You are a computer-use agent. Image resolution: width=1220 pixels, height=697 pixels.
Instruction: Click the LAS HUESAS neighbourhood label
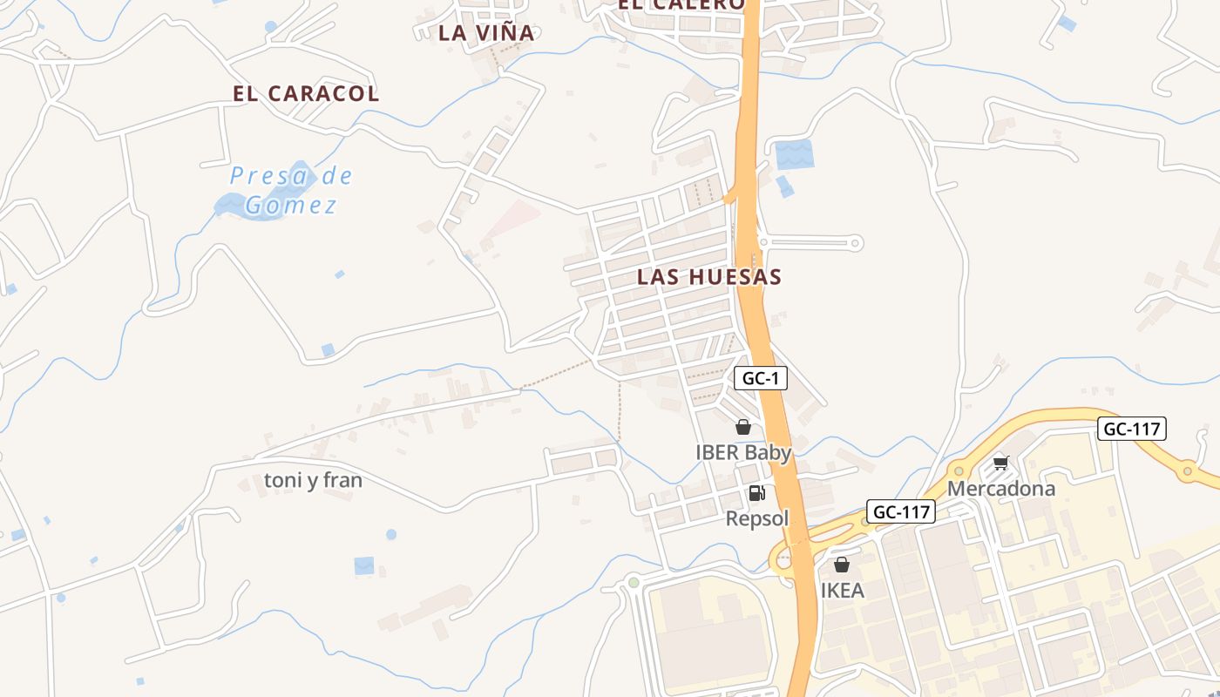(708, 277)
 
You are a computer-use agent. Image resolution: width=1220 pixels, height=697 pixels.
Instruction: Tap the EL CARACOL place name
(306, 94)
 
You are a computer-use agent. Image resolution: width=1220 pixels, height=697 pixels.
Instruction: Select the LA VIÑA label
(486, 33)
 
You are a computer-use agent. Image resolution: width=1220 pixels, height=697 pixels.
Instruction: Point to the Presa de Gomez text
(291, 190)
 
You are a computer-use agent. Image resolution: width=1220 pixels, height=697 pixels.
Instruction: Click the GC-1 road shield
(761, 378)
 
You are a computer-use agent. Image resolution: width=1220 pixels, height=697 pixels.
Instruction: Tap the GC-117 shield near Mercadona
(901, 511)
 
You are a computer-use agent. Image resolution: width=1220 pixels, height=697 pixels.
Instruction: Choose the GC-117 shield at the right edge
(1131, 429)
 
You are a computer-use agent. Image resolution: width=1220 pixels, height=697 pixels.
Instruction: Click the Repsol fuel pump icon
(756, 493)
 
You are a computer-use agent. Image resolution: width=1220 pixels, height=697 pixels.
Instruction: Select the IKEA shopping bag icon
(842, 565)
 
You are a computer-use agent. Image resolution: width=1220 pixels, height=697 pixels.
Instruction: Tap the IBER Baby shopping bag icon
(743, 427)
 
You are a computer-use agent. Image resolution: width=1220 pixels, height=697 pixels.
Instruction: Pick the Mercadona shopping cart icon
(1000, 463)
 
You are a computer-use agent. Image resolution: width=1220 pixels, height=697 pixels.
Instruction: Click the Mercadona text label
(1001, 489)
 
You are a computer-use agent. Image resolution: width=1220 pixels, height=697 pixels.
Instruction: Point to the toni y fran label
(313, 480)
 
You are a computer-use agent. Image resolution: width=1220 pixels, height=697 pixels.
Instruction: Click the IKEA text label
(843, 591)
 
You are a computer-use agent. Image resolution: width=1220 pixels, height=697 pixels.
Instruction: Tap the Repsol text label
(757, 519)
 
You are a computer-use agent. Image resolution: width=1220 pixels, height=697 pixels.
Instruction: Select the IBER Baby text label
(743, 453)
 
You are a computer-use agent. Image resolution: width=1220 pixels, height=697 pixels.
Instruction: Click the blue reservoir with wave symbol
(793, 154)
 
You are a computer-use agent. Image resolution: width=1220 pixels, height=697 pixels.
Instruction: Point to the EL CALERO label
(681, 4)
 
